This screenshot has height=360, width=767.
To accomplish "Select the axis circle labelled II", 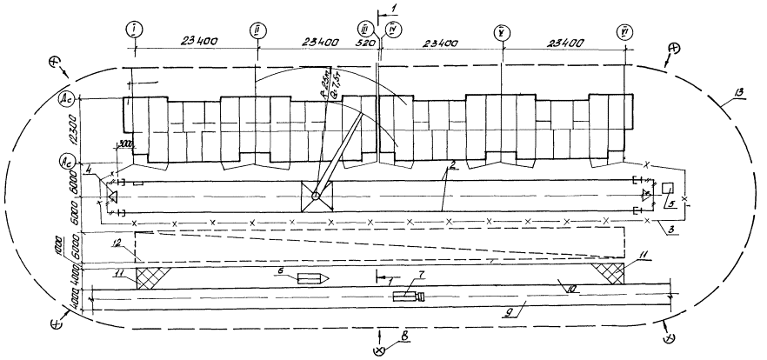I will [x=257, y=30].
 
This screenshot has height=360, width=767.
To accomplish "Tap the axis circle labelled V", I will [x=502, y=32].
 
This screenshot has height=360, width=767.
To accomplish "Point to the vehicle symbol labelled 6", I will [x=310, y=279].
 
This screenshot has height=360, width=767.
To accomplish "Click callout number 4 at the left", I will [x=90, y=167].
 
